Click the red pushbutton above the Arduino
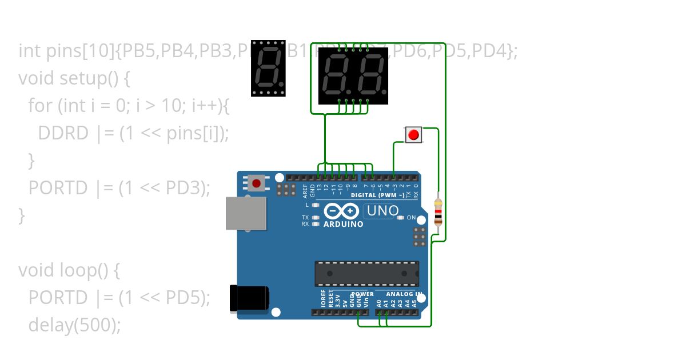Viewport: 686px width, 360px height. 413,135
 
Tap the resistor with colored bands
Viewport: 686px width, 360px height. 438,213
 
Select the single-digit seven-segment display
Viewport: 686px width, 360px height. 268,68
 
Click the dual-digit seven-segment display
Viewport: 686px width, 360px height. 353,75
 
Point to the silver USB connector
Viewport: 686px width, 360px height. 246,214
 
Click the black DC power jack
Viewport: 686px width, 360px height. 249,299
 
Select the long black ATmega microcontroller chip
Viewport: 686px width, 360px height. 366,274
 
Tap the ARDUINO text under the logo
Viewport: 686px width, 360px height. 343,225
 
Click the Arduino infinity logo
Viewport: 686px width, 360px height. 341,211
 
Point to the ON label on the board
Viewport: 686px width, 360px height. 411,218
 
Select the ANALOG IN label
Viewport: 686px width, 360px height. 404,294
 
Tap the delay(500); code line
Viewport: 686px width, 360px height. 74,325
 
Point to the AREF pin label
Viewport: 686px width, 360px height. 305,190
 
